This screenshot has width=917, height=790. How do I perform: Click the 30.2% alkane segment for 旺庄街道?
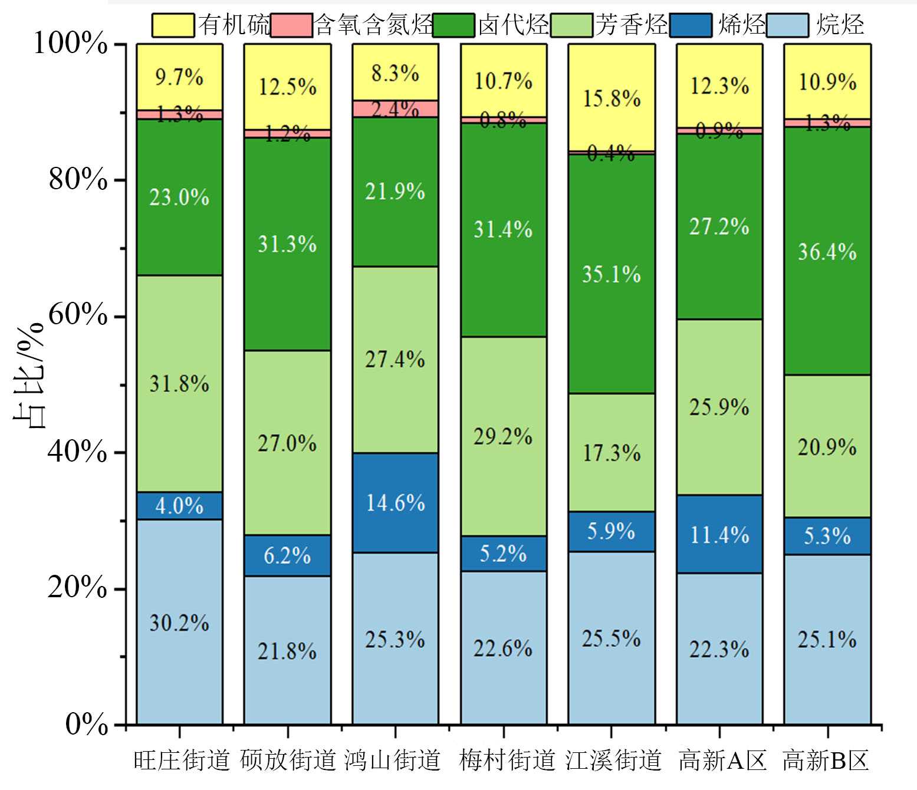click(179, 622)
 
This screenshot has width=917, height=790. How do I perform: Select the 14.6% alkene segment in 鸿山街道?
click(395, 502)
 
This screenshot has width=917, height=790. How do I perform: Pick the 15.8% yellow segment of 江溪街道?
click(612, 98)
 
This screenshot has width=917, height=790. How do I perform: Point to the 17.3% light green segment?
click(612, 452)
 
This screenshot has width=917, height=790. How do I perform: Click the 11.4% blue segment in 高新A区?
click(719, 534)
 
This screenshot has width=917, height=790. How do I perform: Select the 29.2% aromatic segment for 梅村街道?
click(503, 436)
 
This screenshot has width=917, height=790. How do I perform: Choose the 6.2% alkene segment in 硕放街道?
click(287, 555)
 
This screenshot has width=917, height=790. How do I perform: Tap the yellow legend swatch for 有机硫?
click(173, 25)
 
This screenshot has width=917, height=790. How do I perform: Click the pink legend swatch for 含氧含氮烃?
click(291, 25)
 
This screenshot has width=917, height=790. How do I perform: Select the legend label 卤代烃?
click(513, 25)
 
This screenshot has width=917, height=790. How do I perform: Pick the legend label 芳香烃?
click(631, 25)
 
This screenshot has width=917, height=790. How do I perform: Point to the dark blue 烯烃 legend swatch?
click(690, 25)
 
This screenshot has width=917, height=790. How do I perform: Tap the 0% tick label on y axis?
click(86, 724)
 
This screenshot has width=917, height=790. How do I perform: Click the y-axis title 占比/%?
click(29, 375)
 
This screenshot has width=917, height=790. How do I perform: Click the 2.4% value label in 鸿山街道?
click(395, 109)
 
